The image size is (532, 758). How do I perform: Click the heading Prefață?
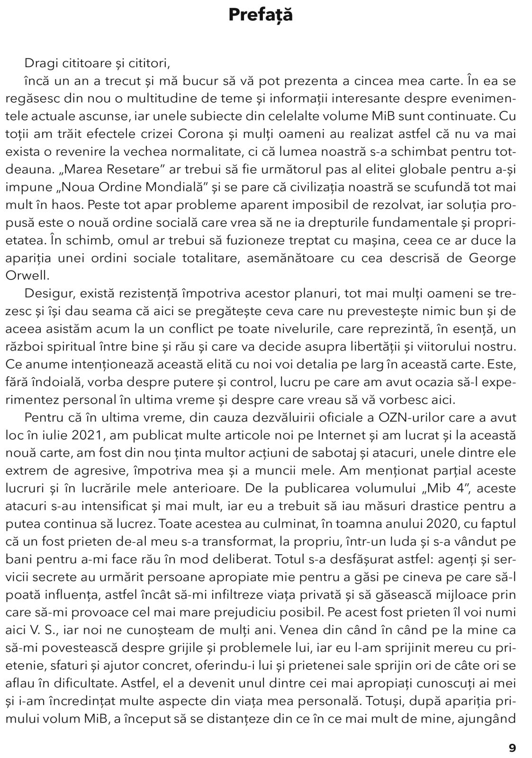pyautogui.click(x=261, y=15)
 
